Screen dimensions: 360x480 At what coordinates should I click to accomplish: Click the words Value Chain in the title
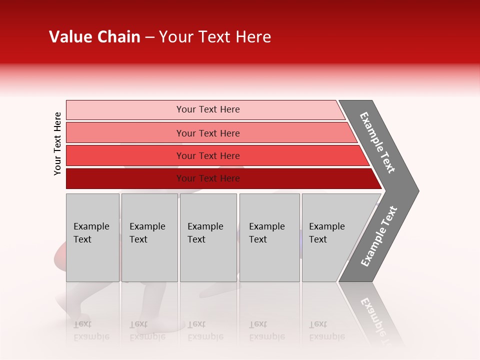coord(94,37)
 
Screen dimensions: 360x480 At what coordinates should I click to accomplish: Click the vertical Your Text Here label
coord(57,143)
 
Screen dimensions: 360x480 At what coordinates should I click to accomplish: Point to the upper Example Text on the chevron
coord(377,142)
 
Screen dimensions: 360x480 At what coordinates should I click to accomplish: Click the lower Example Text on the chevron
coord(379,236)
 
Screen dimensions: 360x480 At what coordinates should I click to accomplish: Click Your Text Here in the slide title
coord(215,37)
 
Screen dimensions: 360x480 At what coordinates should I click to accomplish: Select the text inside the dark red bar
coord(208,178)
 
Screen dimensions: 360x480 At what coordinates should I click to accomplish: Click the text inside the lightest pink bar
coord(208,109)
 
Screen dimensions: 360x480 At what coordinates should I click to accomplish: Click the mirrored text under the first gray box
coord(91,330)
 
